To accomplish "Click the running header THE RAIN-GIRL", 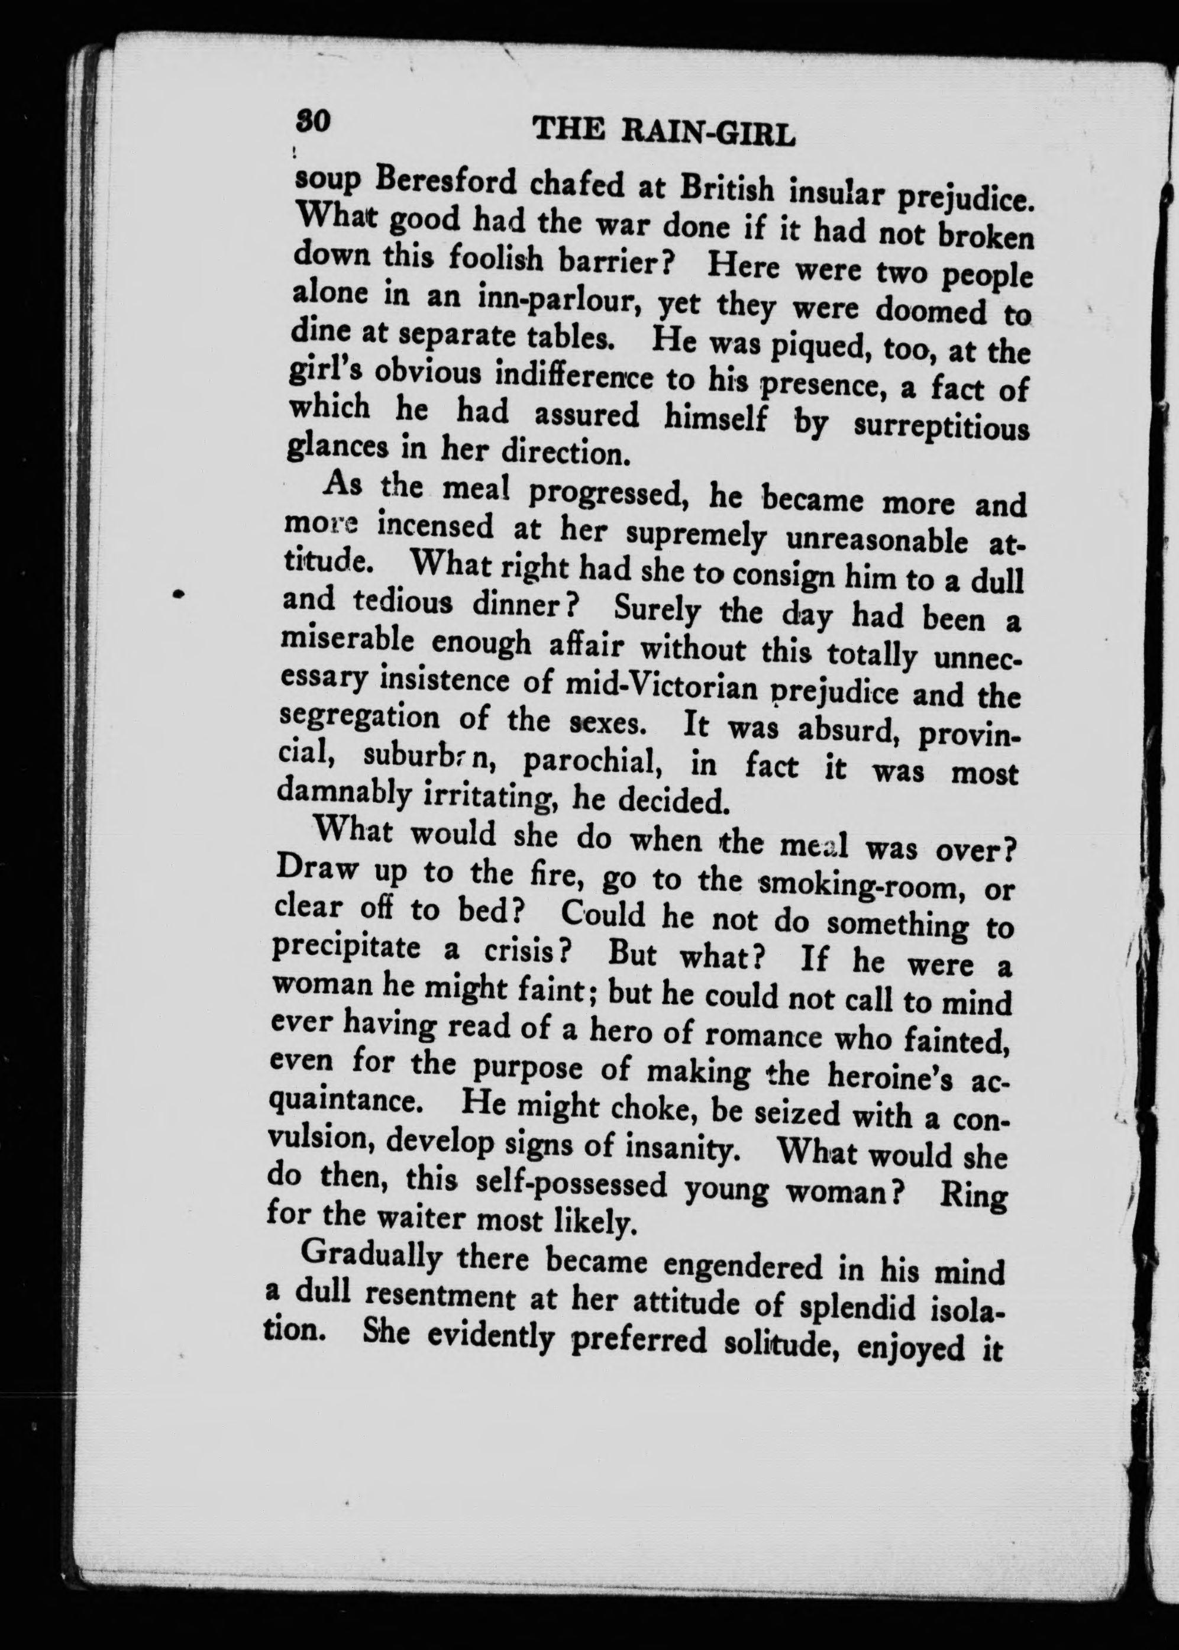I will [664, 131].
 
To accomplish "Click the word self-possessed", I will [569, 1184].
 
